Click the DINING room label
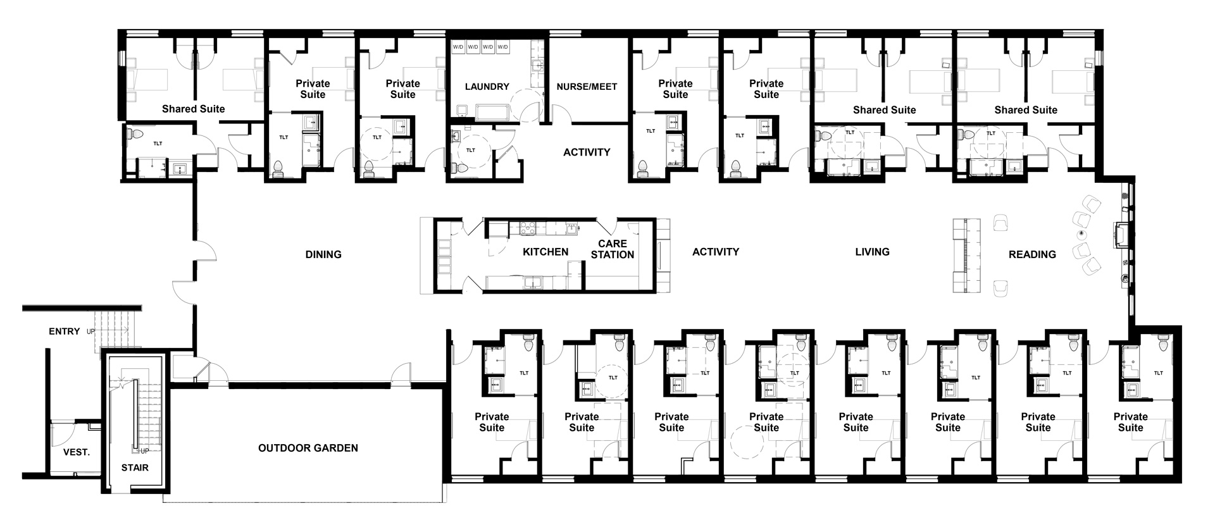coord(323,254)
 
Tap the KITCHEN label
coord(545,252)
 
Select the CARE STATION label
coord(612,249)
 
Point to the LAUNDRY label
coord(487,87)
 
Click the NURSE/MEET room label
coord(587,87)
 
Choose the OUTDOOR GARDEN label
coord(308,448)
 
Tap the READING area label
coord(1032,254)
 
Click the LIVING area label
coord(872,252)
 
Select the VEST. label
coord(77,452)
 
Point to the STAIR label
coord(135,467)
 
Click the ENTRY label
coord(65,331)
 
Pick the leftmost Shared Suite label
coord(193,109)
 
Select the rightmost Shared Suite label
coord(1025,110)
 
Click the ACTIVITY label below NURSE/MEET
coord(587,152)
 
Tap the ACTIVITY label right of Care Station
coord(715,252)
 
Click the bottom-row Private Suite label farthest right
coord(1130,422)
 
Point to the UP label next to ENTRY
coord(90,331)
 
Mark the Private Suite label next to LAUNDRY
coord(402,89)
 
